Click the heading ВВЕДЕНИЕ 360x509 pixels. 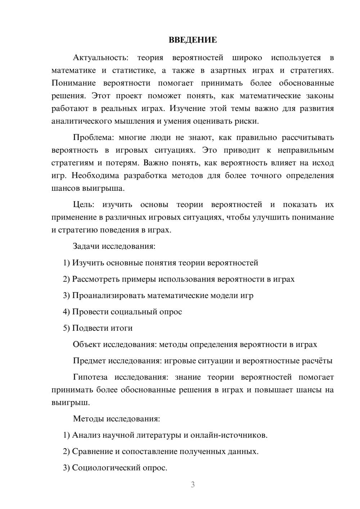point(193,40)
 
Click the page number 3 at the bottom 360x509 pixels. point(193,485)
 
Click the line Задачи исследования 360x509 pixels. point(114,247)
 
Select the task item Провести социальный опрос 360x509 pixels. point(127,312)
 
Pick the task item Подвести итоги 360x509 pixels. point(102,328)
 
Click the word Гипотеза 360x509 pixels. point(90,377)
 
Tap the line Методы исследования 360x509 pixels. point(116,419)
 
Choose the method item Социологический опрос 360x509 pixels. point(120,468)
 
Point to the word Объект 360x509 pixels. point(87,344)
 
